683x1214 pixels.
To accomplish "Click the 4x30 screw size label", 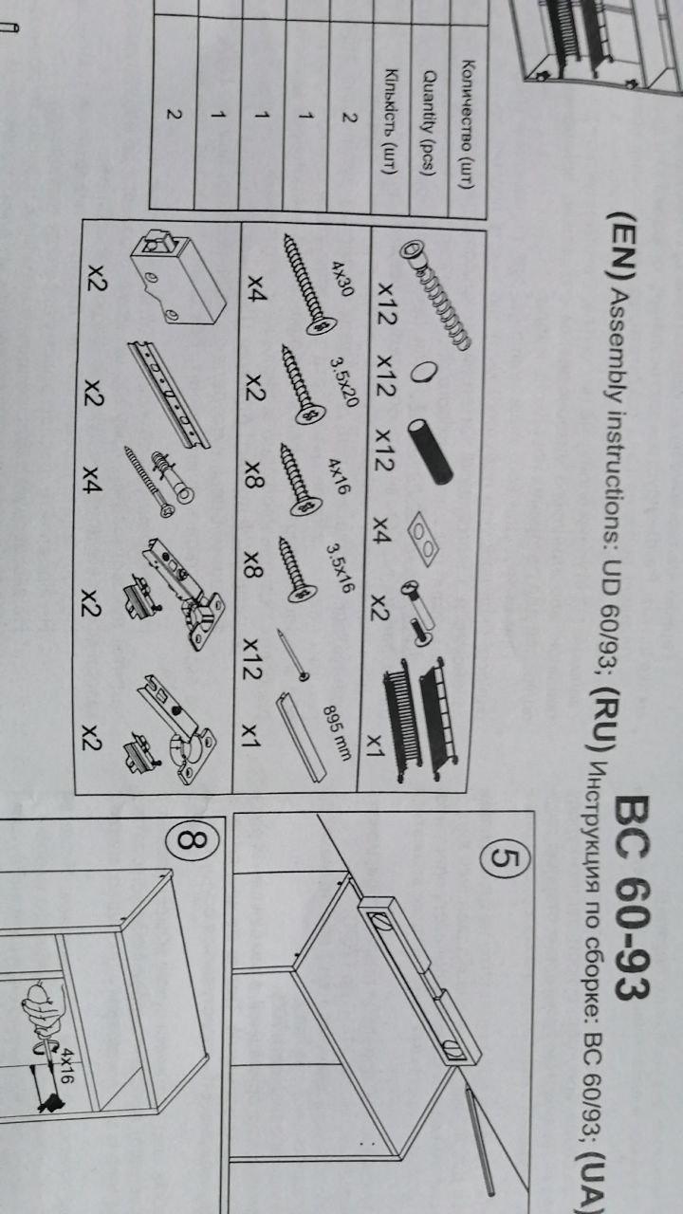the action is click(342, 279).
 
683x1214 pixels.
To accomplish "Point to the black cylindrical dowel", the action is click(431, 451).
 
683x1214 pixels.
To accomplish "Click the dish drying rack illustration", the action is click(419, 719).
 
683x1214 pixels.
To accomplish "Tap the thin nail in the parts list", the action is click(293, 654).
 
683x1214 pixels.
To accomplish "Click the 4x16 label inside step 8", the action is click(66, 1065).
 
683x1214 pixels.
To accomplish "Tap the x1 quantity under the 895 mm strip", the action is click(251, 735).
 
